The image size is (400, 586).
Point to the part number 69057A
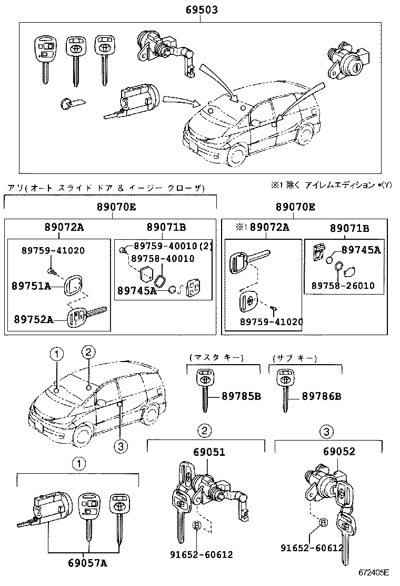(x=87, y=563)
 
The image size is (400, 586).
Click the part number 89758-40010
(x=163, y=258)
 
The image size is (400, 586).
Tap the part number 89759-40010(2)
(x=172, y=247)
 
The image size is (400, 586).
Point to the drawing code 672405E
(x=374, y=572)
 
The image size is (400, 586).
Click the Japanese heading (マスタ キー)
(x=216, y=358)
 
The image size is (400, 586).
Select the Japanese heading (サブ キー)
(x=295, y=358)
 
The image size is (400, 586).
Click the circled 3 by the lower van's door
(x=121, y=446)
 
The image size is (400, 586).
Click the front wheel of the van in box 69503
(x=236, y=155)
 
